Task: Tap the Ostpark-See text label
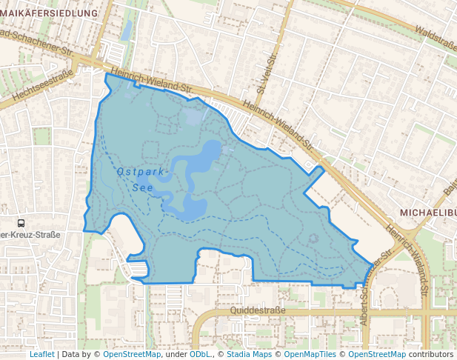(143, 179)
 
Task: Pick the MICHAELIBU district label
(425, 213)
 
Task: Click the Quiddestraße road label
(258, 311)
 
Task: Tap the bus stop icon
(21, 222)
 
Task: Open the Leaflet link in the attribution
(41, 354)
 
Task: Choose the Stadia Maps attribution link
(249, 354)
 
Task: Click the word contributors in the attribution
(431, 354)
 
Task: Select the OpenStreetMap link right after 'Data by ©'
(132, 354)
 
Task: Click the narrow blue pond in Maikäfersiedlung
(127, 30)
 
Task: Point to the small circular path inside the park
(314, 239)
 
